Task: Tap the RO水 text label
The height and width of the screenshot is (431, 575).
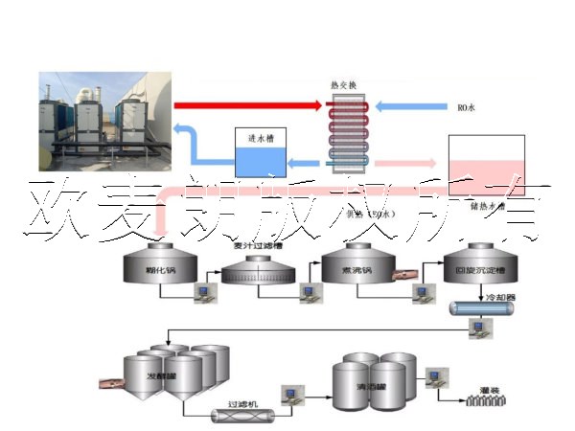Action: click(x=465, y=107)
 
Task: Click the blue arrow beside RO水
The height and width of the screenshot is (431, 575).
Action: click(x=412, y=105)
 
